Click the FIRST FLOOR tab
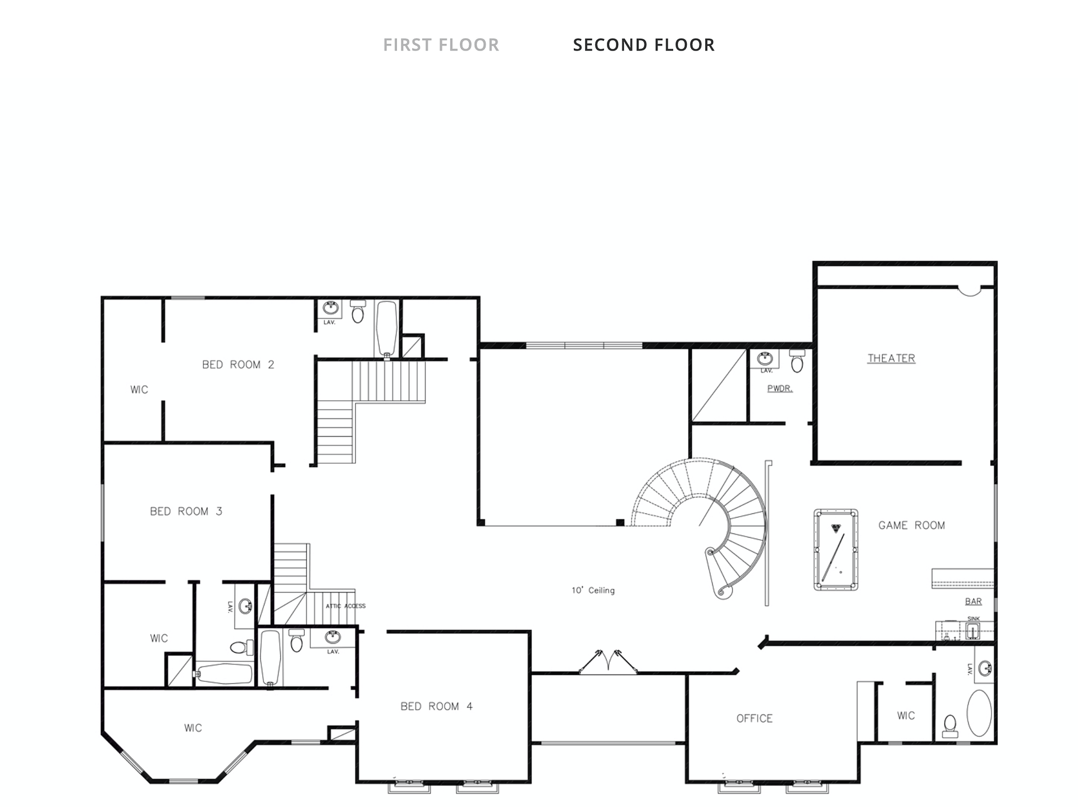click(x=441, y=45)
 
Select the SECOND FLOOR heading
click(x=643, y=45)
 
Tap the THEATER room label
click(x=891, y=358)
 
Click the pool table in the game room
click(x=835, y=549)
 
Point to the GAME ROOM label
click(x=911, y=526)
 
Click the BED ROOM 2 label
click(x=238, y=364)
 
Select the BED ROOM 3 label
click(x=186, y=511)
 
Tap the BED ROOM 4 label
click(x=436, y=706)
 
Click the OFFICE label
click(x=754, y=718)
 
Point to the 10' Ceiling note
click(x=593, y=590)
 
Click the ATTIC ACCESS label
click(x=345, y=606)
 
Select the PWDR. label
click(x=780, y=388)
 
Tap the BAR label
click(x=973, y=601)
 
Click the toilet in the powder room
click(x=797, y=361)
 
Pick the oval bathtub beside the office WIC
click(x=979, y=713)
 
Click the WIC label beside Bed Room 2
click(x=139, y=390)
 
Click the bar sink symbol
click(x=973, y=632)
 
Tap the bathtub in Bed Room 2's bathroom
click(x=387, y=329)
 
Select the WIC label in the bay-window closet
click(x=193, y=728)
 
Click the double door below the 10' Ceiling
click(x=608, y=662)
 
